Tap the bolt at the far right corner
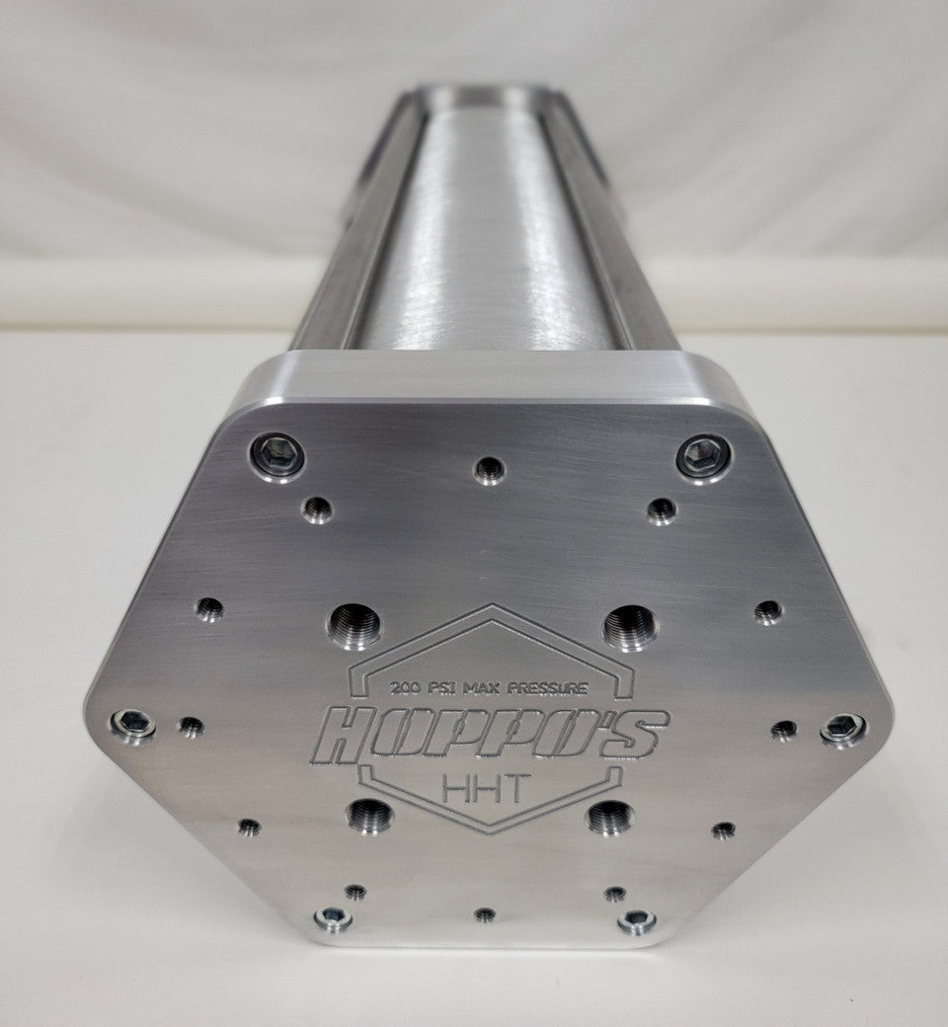[841, 726]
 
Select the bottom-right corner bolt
[636, 921]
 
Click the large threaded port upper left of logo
[356, 623]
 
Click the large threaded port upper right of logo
[631, 625]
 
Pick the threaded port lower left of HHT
[371, 816]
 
